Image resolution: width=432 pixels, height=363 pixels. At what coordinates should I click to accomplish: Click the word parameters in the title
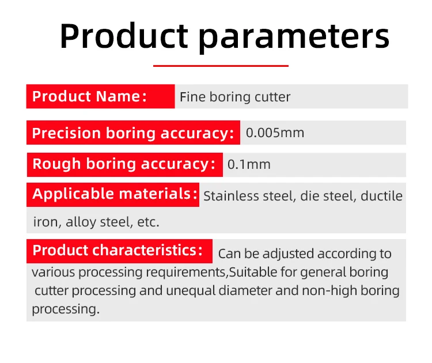click(x=294, y=37)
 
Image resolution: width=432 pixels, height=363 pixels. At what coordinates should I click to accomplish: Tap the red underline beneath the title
click(x=221, y=66)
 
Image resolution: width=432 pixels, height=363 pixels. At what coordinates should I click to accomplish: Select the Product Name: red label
click(x=101, y=96)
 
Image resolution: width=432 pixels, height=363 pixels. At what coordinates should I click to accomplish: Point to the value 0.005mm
click(x=275, y=133)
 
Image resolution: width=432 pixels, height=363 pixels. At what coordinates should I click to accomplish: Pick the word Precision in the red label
click(x=66, y=134)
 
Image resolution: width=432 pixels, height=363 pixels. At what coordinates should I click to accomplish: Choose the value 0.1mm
click(x=249, y=165)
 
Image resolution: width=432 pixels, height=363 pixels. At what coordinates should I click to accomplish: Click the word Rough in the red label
click(x=56, y=164)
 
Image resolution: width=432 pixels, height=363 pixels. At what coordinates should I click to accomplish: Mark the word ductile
click(x=381, y=196)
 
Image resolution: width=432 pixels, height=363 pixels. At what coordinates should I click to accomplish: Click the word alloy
click(x=81, y=222)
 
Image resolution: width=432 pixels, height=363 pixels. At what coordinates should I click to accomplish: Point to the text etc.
click(x=148, y=222)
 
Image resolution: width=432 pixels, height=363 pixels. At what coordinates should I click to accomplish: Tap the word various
click(x=54, y=273)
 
